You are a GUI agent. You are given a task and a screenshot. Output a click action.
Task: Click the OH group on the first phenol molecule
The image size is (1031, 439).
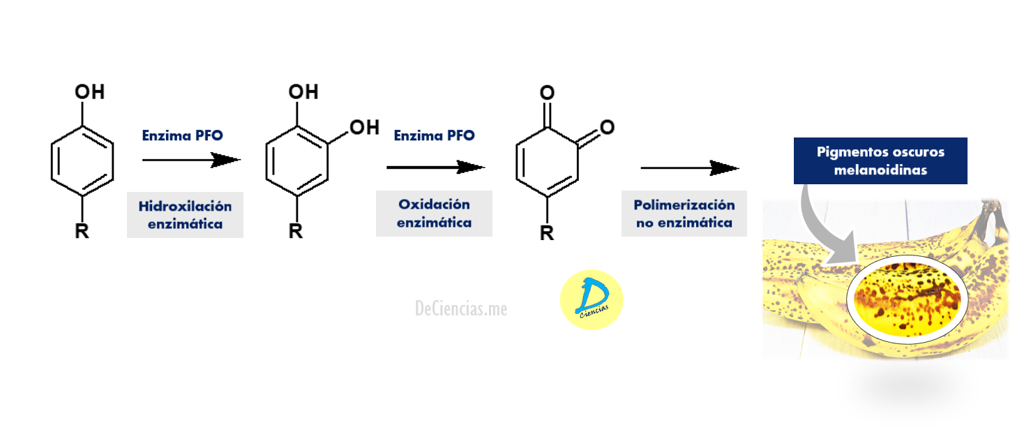[x=89, y=92]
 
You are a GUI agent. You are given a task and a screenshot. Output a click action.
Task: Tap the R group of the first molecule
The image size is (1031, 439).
[x=82, y=230]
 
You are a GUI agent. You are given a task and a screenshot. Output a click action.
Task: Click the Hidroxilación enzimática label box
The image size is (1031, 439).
[x=185, y=215]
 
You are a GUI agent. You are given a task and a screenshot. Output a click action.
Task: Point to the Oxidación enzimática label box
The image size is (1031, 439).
[x=434, y=214]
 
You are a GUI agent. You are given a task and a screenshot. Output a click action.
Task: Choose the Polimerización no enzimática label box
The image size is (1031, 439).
[x=684, y=214]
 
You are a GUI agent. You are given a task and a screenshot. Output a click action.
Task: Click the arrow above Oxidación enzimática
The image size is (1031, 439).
[x=435, y=168]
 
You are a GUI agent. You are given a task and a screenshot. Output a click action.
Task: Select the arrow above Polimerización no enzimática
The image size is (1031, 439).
[x=689, y=168]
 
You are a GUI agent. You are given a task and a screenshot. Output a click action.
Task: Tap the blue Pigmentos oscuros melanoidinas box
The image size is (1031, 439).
[x=880, y=161]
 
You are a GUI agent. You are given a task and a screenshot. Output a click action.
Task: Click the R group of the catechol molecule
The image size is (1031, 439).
[x=296, y=231]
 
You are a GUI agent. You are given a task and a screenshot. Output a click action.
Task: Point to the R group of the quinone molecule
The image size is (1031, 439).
[x=547, y=232]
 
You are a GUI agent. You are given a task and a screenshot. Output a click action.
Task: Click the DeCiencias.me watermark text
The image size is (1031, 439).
[x=461, y=308]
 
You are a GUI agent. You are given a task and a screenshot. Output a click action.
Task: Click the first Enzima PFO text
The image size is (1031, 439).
[x=182, y=135]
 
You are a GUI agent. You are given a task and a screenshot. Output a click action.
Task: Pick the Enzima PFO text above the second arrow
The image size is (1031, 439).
[x=434, y=135]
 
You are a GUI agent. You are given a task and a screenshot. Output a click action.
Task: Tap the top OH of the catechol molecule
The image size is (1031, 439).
[x=303, y=92]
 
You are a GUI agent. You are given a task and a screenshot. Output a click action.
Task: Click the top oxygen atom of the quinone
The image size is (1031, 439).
[x=548, y=92]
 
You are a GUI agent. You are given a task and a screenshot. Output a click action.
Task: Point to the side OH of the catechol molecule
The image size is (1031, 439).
[x=363, y=127]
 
